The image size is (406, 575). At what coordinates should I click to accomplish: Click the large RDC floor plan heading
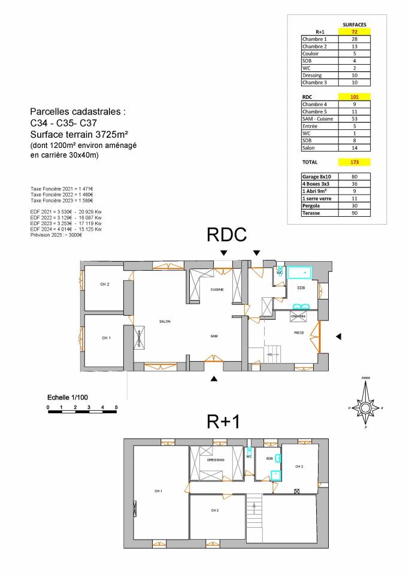(x=226, y=235)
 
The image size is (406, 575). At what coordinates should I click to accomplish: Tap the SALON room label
(x=165, y=322)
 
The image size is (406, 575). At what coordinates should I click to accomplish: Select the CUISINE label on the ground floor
(x=217, y=290)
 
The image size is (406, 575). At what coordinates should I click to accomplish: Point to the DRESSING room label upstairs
(x=216, y=460)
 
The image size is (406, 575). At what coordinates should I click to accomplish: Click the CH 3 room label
(x=299, y=466)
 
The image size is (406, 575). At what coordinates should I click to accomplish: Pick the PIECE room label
(x=299, y=332)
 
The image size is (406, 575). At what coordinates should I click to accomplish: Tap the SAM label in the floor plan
(x=214, y=337)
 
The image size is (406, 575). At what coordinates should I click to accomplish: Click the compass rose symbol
(x=365, y=407)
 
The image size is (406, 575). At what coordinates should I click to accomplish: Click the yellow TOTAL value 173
(x=354, y=162)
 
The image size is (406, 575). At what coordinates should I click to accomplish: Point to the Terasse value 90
(x=354, y=213)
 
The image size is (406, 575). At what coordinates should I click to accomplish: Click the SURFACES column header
(x=354, y=25)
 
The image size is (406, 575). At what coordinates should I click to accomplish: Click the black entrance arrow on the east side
(x=338, y=337)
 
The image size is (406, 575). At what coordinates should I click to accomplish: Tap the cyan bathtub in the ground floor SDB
(x=300, y=273)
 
